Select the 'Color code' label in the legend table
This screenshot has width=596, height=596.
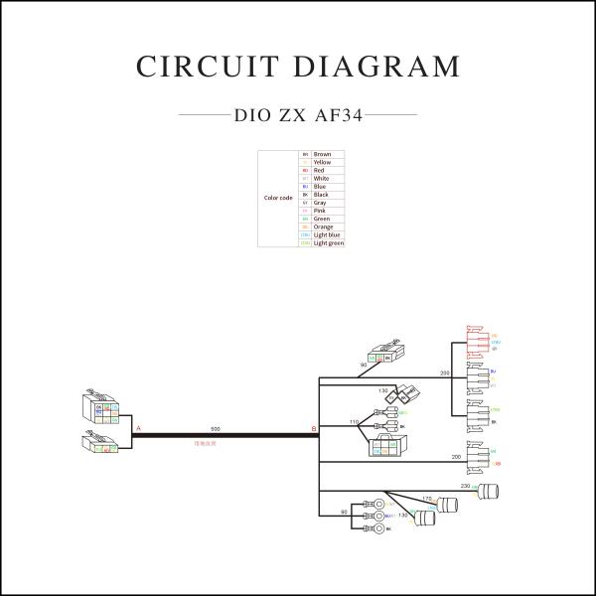(x=277, y=198)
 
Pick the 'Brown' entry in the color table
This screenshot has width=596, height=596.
(x=322, y=155)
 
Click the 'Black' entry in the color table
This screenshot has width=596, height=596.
(x=321, y=195)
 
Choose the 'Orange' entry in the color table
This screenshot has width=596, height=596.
(x=323, y=226)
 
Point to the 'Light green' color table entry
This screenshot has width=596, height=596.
(x=328, y=242)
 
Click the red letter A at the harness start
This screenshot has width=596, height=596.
(x=138, y=428)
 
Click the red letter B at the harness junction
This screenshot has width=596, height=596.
(x=314, y=428)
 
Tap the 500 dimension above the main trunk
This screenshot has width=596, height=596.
(x=215, y=428)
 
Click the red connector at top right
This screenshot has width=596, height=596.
(x=476, y=344)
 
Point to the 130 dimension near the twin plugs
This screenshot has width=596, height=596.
(x=382, y=391)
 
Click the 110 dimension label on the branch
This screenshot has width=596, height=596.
(x=355, y=422)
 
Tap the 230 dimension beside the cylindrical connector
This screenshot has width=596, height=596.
(x=465, y=486)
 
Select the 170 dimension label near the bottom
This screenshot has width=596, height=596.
(x=427, y=499)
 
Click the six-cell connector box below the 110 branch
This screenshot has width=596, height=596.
(x=381, y=449)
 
